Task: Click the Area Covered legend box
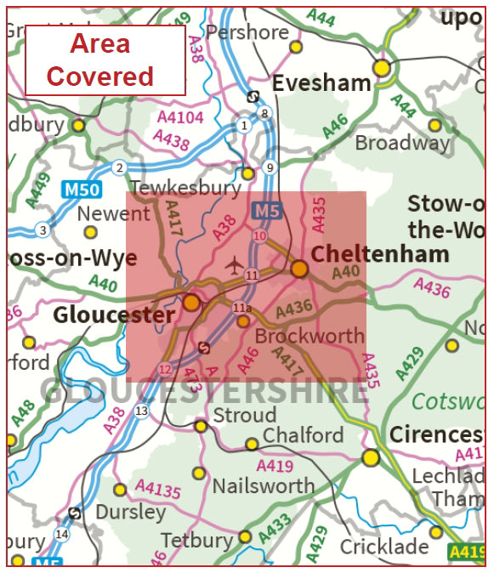105,60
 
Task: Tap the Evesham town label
321,82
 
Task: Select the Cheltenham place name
380,253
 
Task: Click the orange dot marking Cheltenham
299,269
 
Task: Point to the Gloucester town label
114,315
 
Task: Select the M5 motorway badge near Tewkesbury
265,209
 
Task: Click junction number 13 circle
141,411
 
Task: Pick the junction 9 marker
270,167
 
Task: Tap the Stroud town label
245,415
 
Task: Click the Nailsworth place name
263,486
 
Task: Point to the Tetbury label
196,540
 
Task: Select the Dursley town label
131,513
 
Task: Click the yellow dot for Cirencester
370,458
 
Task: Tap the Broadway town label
401,143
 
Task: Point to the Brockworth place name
309,336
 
